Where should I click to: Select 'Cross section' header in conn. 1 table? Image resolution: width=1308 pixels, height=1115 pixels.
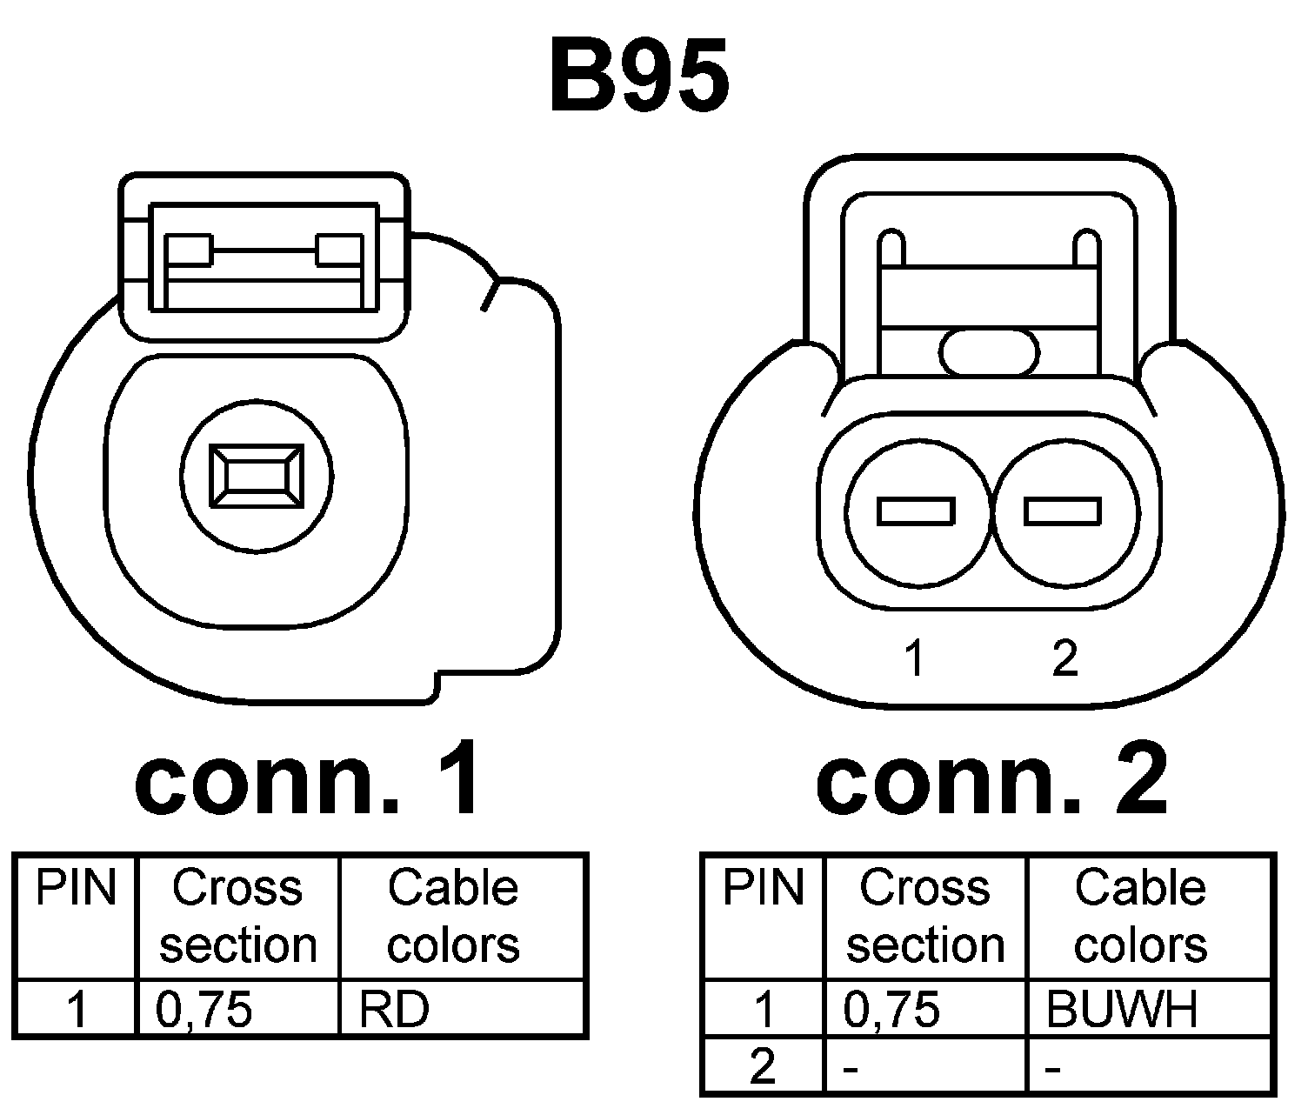[237, 917]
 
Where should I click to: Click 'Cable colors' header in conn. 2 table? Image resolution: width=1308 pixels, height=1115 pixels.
[1140, 917]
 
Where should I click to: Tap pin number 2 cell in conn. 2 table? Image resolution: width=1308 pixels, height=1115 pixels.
[763, 1066]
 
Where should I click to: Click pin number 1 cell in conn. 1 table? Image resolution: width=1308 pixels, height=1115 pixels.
[77, 1010]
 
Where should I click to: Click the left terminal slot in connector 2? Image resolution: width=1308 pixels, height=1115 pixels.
[916, 511]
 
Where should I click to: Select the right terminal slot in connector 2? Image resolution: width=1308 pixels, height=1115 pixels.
[1063, 511]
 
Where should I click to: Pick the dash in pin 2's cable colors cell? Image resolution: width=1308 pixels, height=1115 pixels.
[1053, 1069]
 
